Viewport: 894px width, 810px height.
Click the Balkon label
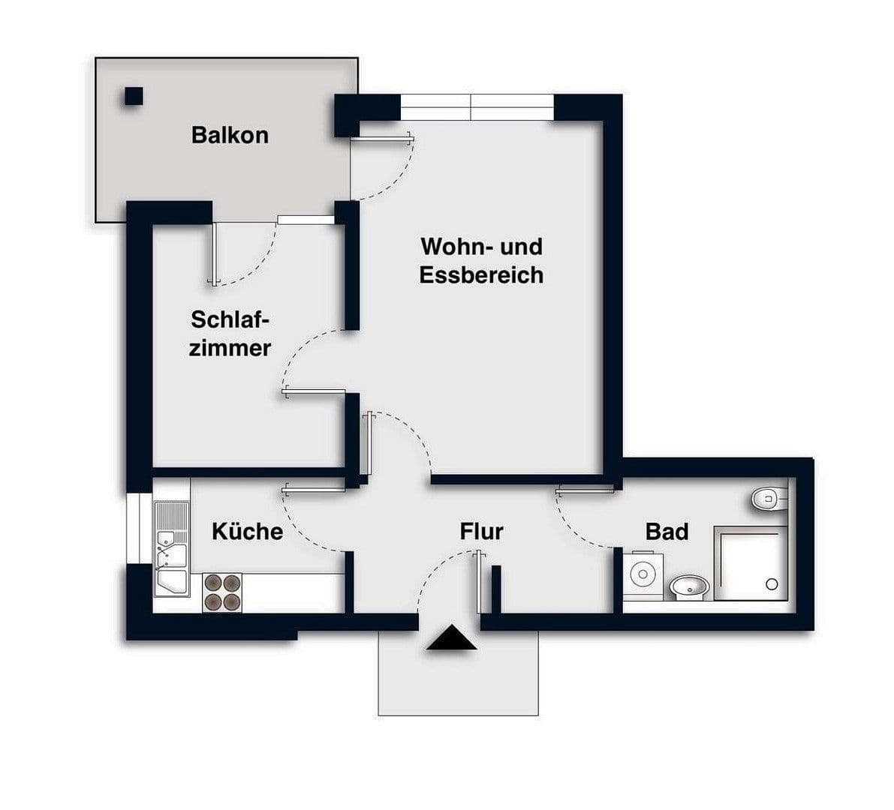(x=230, y=135)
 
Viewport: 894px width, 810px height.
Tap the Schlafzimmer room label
(x=229, y=334)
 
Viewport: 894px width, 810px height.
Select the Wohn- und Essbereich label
(x=481, y=260)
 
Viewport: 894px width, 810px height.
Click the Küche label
(x=247, y=531)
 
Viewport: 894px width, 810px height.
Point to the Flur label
(x=481, y=532)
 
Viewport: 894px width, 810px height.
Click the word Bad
(x=667, y=532)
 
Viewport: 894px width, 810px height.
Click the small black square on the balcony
(x=134, y=96)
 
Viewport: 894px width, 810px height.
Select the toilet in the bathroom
(x=768, y=498)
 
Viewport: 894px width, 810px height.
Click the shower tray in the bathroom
(x=750, y=562)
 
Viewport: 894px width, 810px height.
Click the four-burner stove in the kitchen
(x=223, y=592)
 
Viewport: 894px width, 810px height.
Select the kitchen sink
(x=171, y=547)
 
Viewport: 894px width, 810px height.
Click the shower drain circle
(x=771, y=583)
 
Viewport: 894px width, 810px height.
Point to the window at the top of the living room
(x=477, y=107)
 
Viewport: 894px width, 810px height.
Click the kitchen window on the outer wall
(x=139, y=528)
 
